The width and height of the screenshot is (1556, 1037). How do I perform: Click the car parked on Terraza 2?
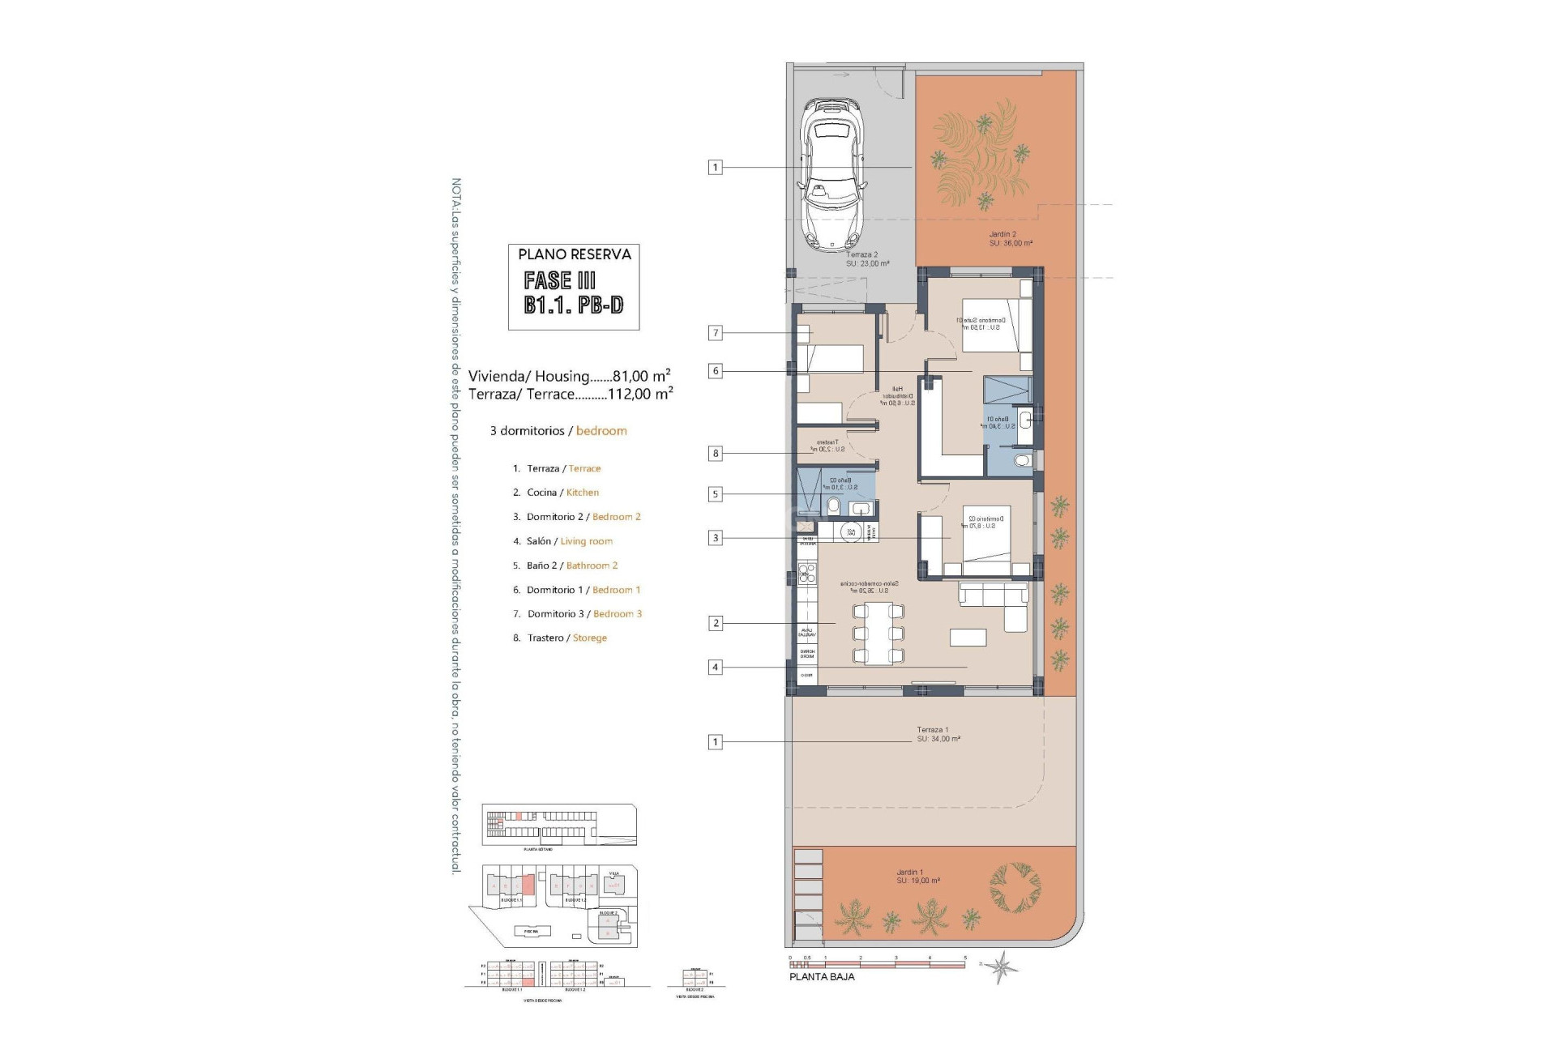831,173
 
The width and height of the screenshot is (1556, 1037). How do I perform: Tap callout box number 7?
715,333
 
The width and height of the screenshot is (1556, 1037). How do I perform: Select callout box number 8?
715,454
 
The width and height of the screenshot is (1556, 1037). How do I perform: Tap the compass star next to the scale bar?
1003,966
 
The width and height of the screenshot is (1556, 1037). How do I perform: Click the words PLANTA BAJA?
822,977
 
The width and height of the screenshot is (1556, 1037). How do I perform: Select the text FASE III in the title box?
560,280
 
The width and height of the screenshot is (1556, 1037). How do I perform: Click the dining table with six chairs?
877,634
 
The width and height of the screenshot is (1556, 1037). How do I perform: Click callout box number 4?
715,668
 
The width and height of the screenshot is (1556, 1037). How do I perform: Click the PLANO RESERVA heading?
574,254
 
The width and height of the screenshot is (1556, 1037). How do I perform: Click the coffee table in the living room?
968,638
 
